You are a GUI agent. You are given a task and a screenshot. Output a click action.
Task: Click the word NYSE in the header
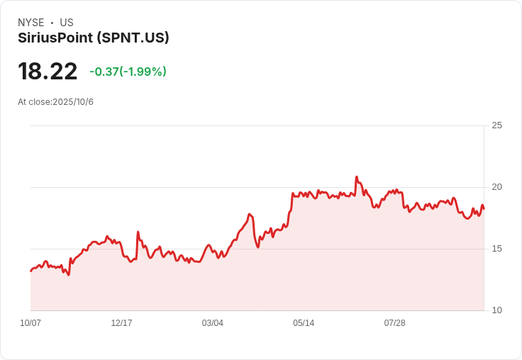[x=30, y=23]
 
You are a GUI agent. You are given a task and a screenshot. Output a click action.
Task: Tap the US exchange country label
[x=67, y=23]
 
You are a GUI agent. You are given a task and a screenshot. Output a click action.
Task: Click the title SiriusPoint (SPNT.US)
[x=94, y=38]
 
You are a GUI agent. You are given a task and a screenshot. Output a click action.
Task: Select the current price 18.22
[x=48, y=72]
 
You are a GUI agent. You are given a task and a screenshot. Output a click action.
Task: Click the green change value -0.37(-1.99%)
[x=128, y=72]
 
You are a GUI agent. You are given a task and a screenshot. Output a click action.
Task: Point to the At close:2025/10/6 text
[x=55, y=102]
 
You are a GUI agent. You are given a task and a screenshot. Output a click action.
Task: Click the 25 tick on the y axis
[x=496, y=125]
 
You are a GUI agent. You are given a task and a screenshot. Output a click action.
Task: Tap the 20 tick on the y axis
[x=496, y=187]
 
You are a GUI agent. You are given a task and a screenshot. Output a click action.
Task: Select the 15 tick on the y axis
[x=496, y=249]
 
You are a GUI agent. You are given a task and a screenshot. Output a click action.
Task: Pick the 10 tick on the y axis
[x=496, y=310]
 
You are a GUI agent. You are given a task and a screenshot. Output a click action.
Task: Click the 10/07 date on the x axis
[x=30, y=323]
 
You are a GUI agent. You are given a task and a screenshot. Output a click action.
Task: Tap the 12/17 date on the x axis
[x=121, y=323]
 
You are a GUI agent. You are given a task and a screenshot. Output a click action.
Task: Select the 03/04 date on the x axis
[x=212, y=323]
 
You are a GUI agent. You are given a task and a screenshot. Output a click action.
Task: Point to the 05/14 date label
[x=304, y=323]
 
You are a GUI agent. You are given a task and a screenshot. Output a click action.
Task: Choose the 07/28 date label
[x=394, y=323]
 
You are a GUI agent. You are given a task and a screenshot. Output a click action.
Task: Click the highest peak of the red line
[x=356, y=177]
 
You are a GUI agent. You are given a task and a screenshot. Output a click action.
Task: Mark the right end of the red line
[x=484, y=208]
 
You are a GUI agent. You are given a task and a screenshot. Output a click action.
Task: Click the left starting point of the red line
[x=30, y=271]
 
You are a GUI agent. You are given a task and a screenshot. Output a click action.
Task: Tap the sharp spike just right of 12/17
[x=138, y=232]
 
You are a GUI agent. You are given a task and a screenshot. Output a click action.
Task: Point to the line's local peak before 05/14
[x=250, y=214]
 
